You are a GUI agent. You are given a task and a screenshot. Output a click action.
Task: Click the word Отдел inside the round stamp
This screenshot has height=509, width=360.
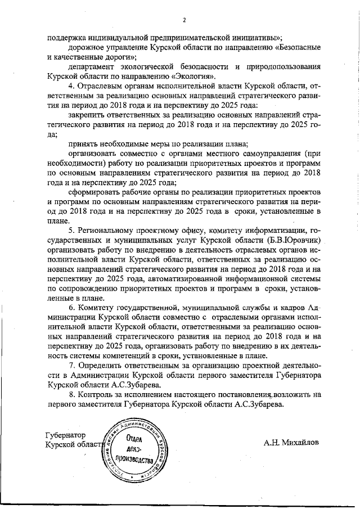[x=134, y=439]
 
